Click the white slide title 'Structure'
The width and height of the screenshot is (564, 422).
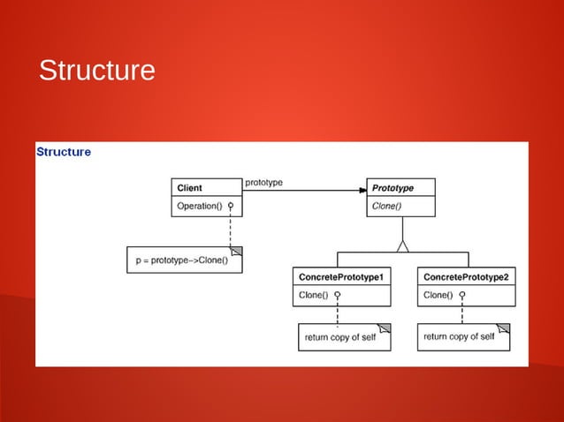coord(96,71)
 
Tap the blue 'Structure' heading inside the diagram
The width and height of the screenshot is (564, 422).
coord(64,152)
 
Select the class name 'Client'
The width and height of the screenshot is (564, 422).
coord(190,188)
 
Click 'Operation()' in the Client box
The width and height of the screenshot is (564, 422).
coord(199,206)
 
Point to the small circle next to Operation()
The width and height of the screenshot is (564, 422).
coord(230,206)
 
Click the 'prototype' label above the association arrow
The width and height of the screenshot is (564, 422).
coord(263,182)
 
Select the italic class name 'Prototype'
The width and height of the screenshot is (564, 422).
coord(393,188)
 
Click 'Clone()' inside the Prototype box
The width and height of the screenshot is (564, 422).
coord(386,207)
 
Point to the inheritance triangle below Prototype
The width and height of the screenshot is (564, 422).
coord(403,245)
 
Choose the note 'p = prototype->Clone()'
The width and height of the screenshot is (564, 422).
coord(182,260)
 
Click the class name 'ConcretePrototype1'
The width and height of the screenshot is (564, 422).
coord(341,277)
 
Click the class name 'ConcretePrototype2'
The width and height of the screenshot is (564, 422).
coord(466,277)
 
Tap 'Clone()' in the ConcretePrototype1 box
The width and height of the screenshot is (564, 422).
coord(314,295)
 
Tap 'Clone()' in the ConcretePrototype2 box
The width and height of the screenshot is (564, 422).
coord(438,295)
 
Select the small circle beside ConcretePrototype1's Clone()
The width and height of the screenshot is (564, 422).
coord(337,295)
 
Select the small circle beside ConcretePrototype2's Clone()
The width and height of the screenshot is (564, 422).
coord(461,295)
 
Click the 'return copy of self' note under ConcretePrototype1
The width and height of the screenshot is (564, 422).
coord(341,337)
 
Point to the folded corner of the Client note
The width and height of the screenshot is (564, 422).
coord(236,252)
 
